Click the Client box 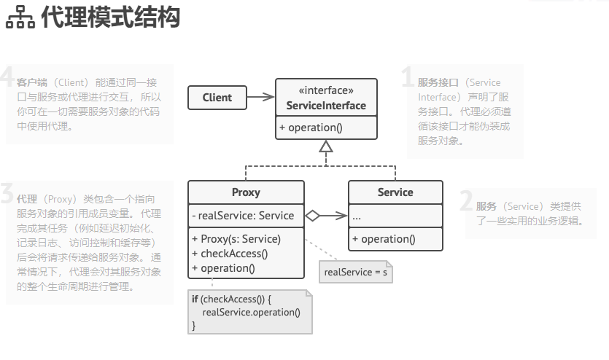point(217,98)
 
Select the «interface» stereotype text point(326,91)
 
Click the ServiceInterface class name point(326,106)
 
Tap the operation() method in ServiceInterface point(311,128)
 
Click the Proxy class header point(246,192)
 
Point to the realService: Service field point(243,216)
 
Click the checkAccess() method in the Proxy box point(230,253)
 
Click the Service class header point(395,192)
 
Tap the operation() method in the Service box point(384,239)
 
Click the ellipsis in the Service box point(357,216)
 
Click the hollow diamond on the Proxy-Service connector point(312,216)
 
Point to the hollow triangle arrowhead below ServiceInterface point(326,147)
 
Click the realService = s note point(356,272)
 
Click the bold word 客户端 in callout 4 point(32,82)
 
